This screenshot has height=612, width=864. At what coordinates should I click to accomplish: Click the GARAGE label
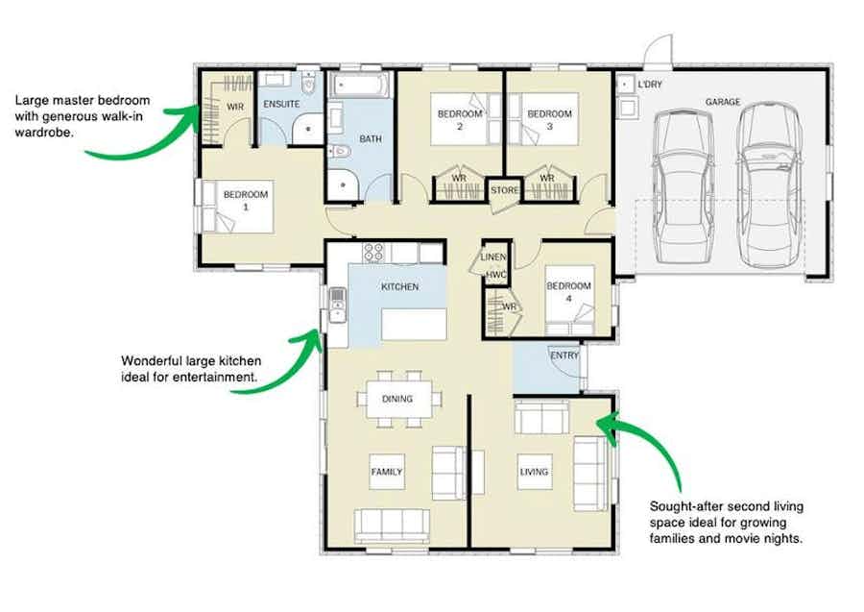722,102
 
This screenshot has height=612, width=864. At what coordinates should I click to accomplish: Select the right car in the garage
770,184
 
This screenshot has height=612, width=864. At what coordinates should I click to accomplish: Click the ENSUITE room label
282,104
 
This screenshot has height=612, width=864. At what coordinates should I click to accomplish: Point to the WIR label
235,108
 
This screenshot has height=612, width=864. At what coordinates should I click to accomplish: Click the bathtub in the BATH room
360,87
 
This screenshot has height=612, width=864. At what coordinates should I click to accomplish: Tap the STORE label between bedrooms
505,191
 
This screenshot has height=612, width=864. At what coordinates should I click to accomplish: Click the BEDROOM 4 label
569,292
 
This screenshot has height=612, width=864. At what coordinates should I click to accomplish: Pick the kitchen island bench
414,324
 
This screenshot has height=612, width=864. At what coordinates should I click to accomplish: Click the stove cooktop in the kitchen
374,254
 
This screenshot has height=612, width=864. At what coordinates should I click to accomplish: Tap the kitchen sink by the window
337,305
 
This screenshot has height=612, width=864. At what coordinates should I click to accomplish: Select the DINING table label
397,399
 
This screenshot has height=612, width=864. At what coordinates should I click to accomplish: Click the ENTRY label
564,356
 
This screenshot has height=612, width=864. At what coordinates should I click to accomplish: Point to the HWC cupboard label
495,275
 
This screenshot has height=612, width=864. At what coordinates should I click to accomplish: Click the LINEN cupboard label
493,257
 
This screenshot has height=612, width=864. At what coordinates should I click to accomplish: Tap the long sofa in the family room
391,525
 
